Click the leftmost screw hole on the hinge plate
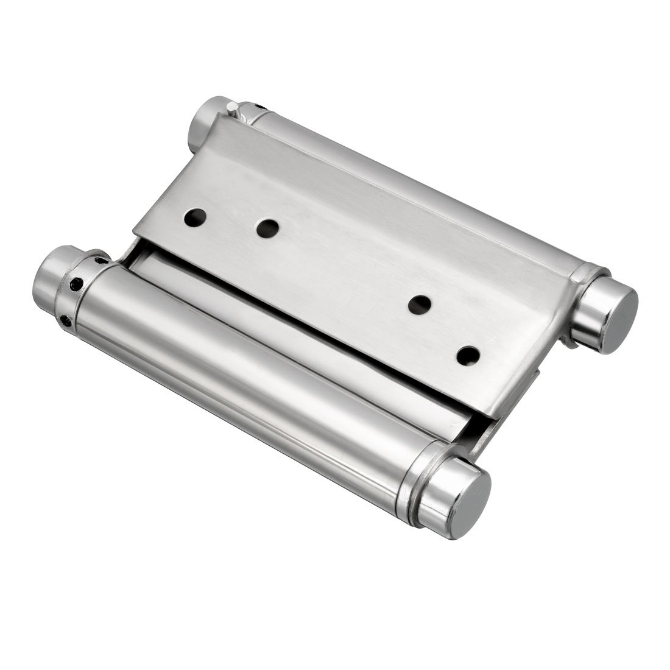[x=195, y=217]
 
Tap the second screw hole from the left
[x=267, y=228]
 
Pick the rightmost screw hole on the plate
[x=468, y=355]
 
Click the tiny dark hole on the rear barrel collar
[x=261, y=107]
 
